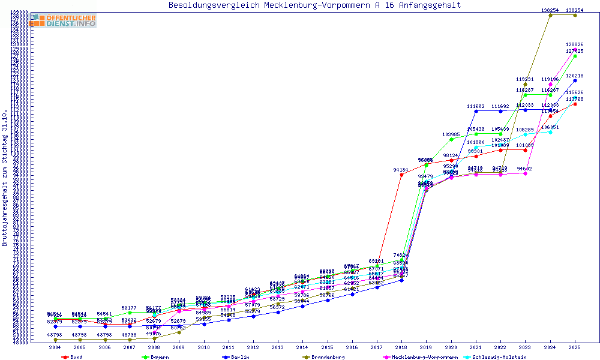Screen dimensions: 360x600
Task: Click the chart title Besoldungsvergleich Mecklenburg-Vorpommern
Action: [315, 5]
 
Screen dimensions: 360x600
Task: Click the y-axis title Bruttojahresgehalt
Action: [5, 178]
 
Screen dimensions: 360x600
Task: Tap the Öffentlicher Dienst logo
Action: [64, 21]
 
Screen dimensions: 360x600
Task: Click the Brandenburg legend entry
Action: [328, 357]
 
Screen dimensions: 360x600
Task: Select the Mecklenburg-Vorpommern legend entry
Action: [423, 357]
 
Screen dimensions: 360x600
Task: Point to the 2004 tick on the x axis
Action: [55, 347]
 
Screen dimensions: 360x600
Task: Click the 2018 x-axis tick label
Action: [401, 347]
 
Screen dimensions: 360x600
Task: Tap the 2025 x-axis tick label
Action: [575, 347]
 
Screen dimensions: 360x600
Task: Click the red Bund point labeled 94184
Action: [401, 175]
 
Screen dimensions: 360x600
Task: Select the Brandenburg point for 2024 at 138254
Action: [550, 15]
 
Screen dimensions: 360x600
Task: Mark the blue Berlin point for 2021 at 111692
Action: [476, 111]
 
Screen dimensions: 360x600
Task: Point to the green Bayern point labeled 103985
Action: [451, 139]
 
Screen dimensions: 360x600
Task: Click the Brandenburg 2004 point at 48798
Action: [55, 340]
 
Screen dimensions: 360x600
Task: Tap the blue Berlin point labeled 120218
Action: [575, 80]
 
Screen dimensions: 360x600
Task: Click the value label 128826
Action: [575, 44]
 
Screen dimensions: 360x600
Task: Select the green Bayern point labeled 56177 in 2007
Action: [130, 313]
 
